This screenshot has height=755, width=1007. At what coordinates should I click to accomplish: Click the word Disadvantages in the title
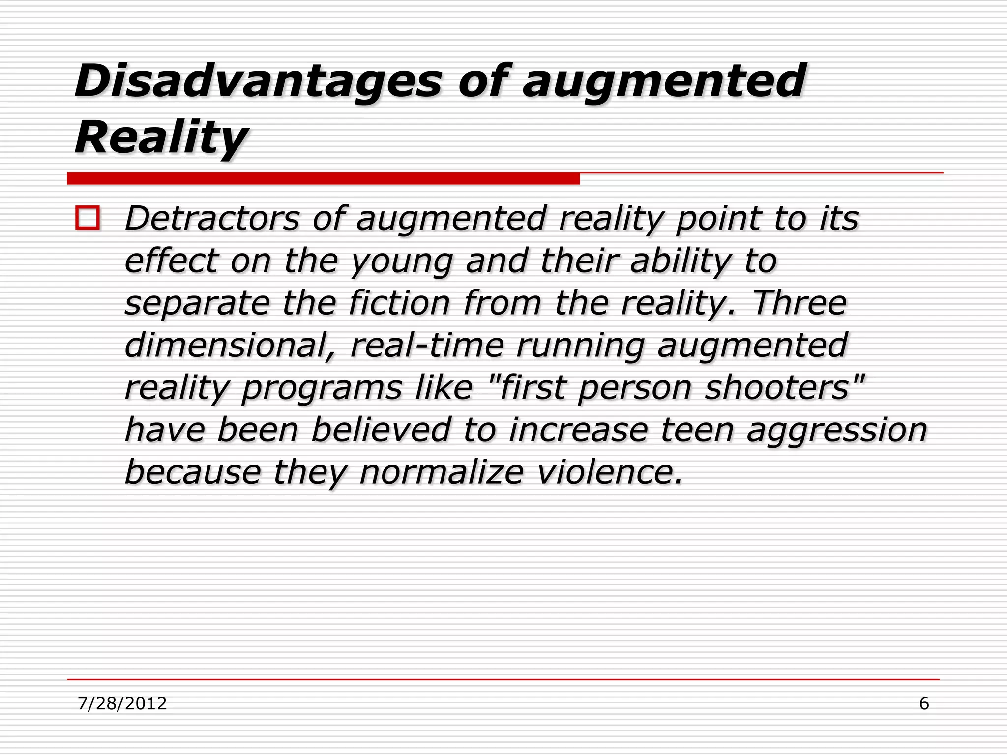click(x=258, y=81)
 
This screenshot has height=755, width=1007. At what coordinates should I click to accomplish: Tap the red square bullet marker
click(x=88, y=218)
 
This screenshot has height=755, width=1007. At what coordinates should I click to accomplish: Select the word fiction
click(x=399, y=303)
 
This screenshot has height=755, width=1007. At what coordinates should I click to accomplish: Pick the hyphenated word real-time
click(x=427, y=345)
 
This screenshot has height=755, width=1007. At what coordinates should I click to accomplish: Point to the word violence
click(x=610, y=472)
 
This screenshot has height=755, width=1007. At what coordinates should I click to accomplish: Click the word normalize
click(x=442, y=472)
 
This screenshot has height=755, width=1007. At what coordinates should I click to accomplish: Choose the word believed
click(x=381, y=430)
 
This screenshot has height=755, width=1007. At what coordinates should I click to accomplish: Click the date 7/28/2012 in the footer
click(x=122, y=703)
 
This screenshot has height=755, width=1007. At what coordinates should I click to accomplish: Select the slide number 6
click(x=924, y=703)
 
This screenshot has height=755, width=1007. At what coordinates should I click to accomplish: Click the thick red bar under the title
click(x=323, y=178)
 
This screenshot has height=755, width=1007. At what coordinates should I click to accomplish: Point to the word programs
click(x=322, y=388)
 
